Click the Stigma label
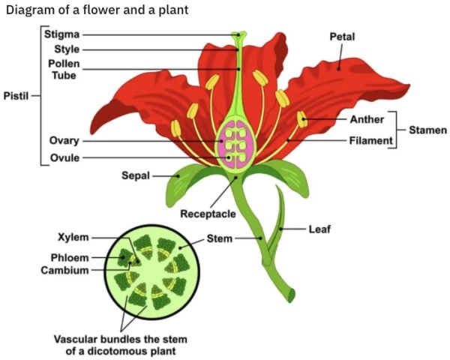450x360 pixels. (x=61, y=34)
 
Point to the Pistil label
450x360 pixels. (x=16, y=96)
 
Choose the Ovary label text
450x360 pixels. (x=64, y=141)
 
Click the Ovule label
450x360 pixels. (x=64, y=157)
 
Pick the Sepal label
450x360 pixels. (x=135, y=175)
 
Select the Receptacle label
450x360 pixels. (x=208, y=214)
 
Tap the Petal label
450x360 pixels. (x=342, y=37)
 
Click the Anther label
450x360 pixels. (x=367, y=119)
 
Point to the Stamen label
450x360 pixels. (x=428, y=130)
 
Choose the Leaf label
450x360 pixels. (x=320, y=228)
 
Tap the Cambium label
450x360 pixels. (x=64, y=270)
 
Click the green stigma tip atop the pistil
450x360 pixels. (x=238, y=34)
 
